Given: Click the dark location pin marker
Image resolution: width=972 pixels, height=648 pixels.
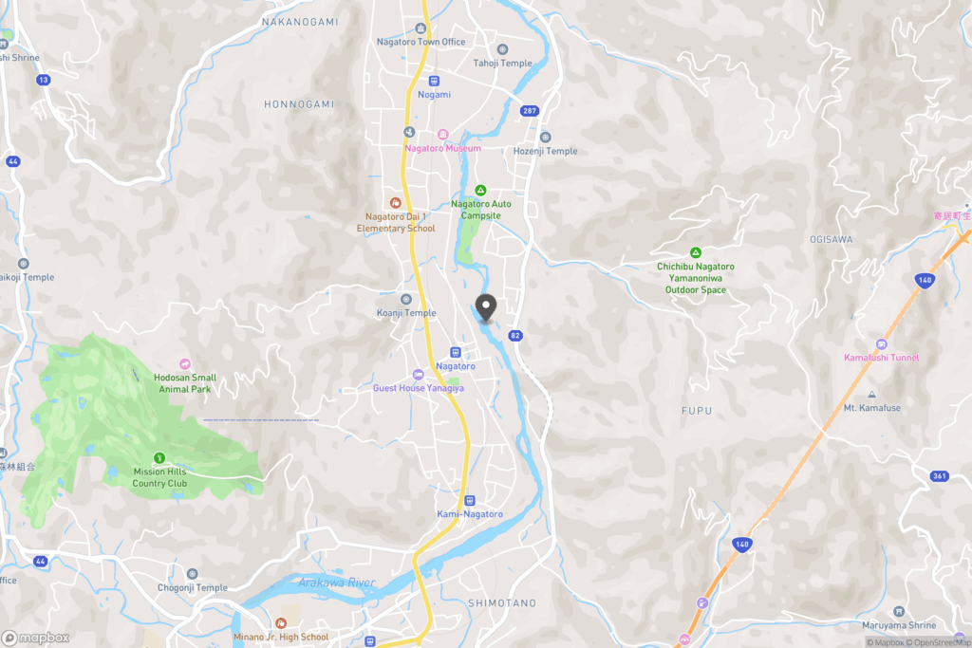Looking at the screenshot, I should (x=486, y=307).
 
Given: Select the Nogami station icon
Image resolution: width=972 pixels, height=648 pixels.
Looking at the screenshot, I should (x=434, y=81).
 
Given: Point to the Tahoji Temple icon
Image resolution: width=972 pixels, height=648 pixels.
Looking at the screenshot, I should (x=503, y=49).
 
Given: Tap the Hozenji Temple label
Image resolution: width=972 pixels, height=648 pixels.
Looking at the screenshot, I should (x=545, y=151).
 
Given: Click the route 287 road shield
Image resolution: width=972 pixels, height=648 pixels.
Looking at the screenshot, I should (x=529, y=111).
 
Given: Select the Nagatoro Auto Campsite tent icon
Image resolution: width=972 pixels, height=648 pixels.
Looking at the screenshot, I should (x=480, y=191).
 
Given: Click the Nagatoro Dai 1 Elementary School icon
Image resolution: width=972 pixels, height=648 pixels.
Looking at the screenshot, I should (x=396, y=202).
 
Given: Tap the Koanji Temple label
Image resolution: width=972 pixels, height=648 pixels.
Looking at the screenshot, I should (x=405, y=313).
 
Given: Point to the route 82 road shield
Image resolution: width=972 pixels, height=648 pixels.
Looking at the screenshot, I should (x=515, y=335).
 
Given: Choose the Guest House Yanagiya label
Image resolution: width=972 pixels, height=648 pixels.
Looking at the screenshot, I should (x=418, y=388).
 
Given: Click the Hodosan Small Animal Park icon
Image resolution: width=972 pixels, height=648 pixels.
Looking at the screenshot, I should (x=185, y=364).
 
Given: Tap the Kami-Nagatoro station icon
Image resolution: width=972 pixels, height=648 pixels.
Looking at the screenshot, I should (x=469, y=501).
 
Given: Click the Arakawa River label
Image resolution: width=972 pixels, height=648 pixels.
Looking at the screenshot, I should (x=336, y=582).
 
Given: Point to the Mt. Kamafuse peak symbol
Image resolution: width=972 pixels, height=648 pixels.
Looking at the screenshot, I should (x=871, y=395).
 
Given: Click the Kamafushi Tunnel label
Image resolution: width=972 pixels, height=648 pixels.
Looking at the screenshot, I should (x=881, y=358).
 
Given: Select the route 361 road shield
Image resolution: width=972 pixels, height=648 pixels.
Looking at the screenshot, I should (x=940, y=476).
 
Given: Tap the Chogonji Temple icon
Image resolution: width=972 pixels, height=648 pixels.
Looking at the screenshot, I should (x=193, y=574).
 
